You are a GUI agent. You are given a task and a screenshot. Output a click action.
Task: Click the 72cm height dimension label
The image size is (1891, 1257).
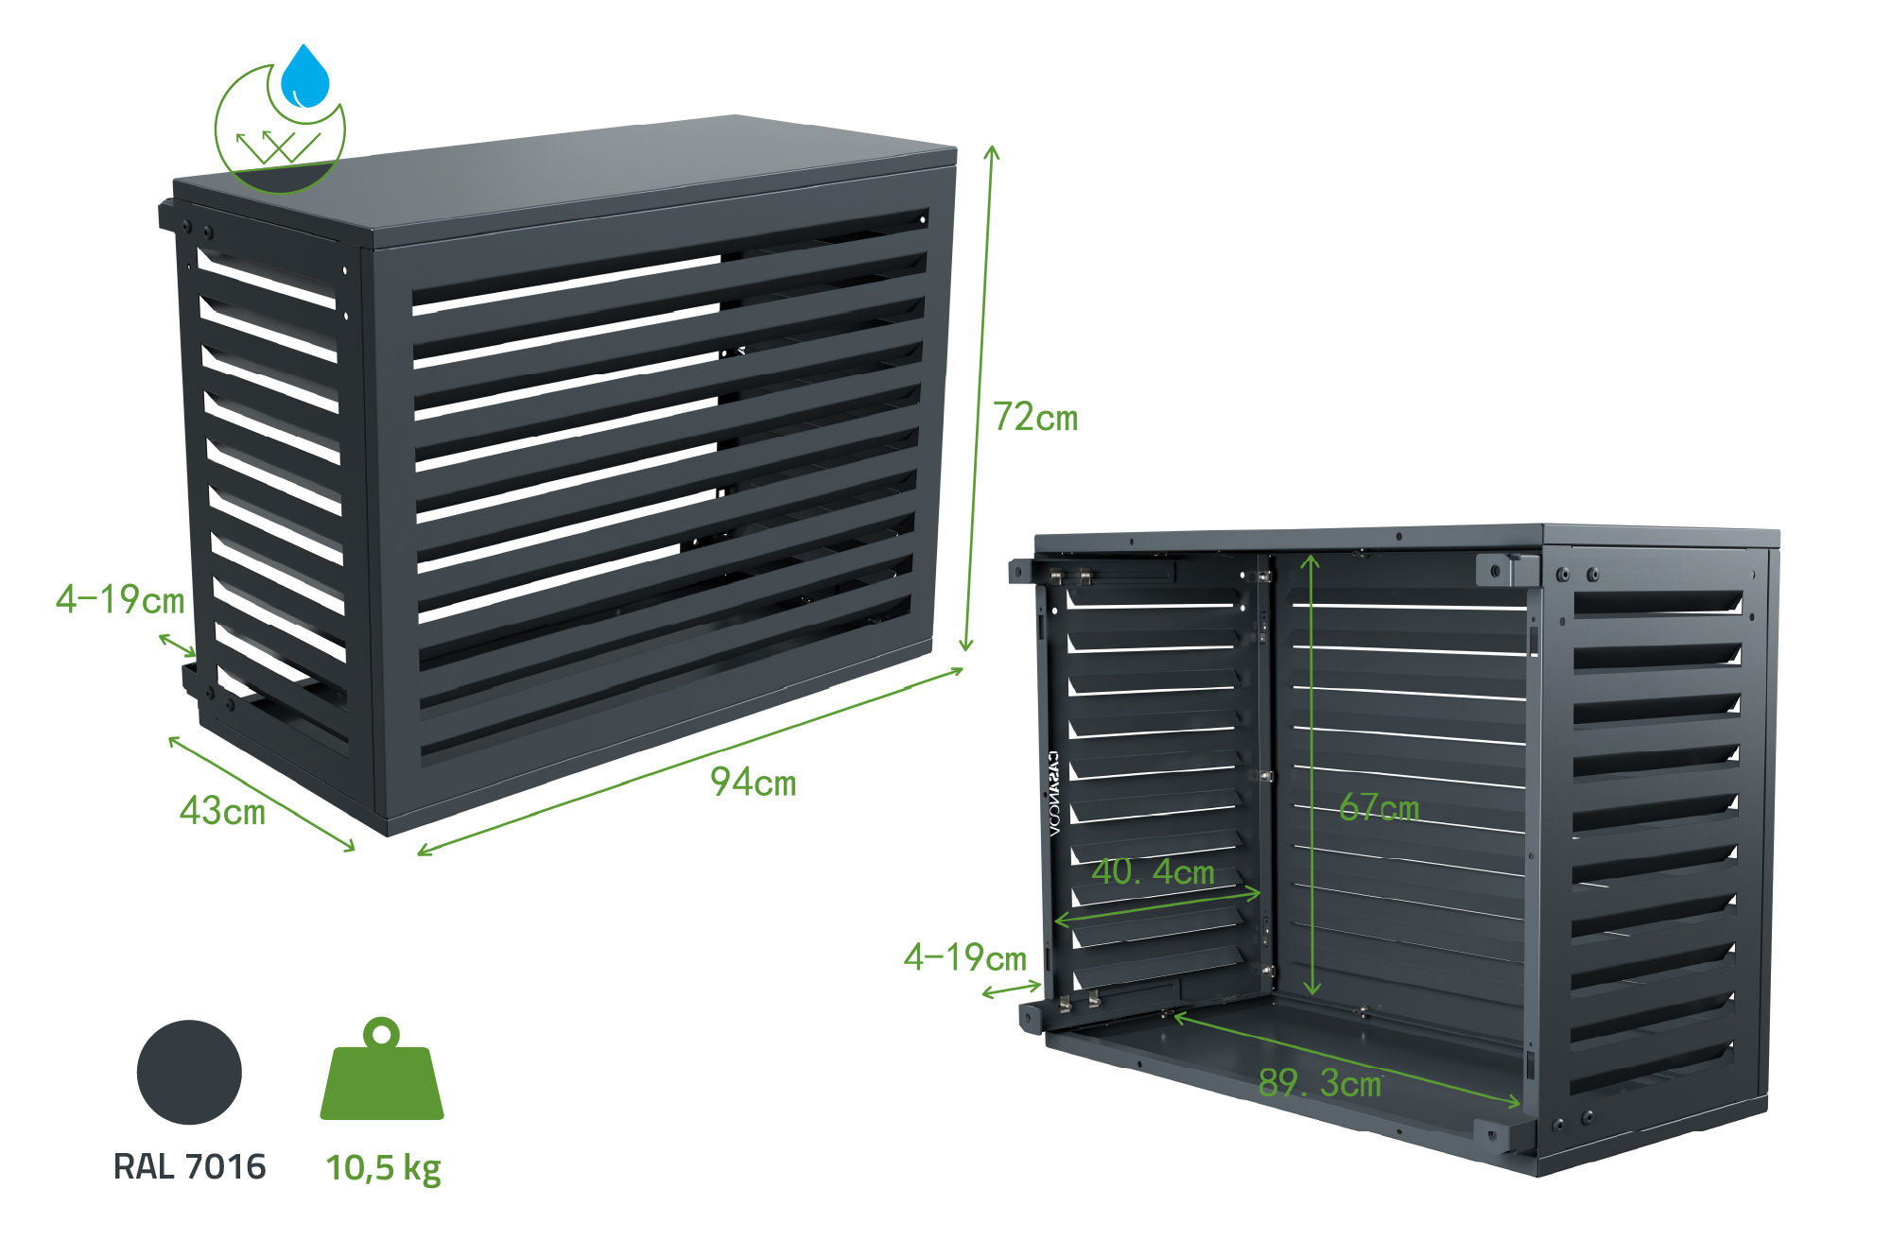click(1035, 417)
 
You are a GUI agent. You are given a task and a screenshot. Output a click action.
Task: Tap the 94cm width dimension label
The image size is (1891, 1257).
click(754, 783)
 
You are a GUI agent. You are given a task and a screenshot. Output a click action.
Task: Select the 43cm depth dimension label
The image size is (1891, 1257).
click(222, 811)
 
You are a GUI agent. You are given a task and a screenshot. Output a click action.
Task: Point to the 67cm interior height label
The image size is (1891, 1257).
click(1379, 808)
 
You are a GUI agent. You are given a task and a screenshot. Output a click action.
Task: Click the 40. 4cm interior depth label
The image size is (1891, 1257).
click(1153, 871)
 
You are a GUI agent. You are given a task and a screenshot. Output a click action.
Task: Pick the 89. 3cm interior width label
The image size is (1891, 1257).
click(1320, 1083)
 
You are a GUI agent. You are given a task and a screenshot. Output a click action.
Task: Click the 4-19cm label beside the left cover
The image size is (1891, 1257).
click(120, 599)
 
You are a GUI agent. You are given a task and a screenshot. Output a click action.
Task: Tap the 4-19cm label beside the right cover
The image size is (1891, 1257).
click(965, 957)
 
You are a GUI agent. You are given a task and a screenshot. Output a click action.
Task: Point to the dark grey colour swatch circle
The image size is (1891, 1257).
click(189, 1073)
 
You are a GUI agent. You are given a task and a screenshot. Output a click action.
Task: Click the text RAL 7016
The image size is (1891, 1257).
click(189, 1167)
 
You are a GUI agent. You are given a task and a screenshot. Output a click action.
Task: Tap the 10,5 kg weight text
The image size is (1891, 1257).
click(383, 1168)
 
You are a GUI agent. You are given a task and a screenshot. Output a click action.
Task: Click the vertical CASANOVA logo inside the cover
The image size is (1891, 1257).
click(1054, 794)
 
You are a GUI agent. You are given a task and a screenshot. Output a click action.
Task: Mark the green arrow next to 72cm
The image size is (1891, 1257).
click(979, 397)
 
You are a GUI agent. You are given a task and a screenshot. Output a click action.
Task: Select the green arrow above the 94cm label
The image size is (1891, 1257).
click(690, 762)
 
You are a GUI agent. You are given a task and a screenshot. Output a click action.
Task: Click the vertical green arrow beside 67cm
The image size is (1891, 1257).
click(1310, 775)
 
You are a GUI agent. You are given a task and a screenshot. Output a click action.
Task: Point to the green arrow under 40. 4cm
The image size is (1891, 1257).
click(1157, 905)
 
